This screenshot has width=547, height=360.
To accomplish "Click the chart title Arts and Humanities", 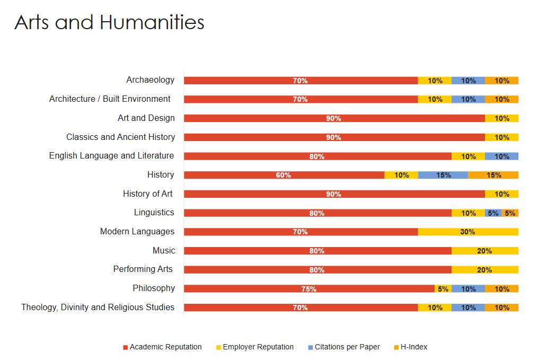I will click(x=109, y=23).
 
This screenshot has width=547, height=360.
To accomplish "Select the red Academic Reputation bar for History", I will click(x=284, y=175).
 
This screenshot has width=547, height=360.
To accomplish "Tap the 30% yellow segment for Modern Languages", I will click(x=467, y=232).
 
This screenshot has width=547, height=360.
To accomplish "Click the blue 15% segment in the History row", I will click(x=443, y=175).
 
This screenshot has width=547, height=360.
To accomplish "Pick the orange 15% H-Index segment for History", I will click(x=493, y=175).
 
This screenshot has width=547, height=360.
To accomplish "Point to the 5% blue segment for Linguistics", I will click(x=493, y=213).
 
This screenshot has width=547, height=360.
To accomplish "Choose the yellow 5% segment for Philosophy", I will click(x=443, y=289).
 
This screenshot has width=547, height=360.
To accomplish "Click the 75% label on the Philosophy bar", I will click(x=308, y=289).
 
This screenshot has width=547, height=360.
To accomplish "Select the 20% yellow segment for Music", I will click(x=484, y=251).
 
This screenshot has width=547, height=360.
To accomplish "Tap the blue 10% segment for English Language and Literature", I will click(x=501, y=156).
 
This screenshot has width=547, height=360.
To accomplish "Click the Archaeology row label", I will click(x=150, y=80).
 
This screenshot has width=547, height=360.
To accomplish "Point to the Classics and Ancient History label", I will click(x=120, y=137).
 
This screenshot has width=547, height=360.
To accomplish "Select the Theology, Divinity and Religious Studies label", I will click(x=98, y=308).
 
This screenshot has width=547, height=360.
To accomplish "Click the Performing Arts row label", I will click(x=143, y=269).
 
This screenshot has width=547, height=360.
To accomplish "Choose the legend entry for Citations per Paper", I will click(x=347, y=347).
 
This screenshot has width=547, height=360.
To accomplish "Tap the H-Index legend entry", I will click(x=413, y=347).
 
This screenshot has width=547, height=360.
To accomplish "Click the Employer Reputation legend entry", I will click(x=258, y=347).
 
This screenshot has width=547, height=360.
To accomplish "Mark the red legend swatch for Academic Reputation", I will click(x=126, y=347).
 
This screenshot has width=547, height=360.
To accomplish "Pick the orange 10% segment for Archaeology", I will click(x=501, y=81).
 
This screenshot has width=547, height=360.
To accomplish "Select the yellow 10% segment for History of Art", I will click(x=501, y=194).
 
